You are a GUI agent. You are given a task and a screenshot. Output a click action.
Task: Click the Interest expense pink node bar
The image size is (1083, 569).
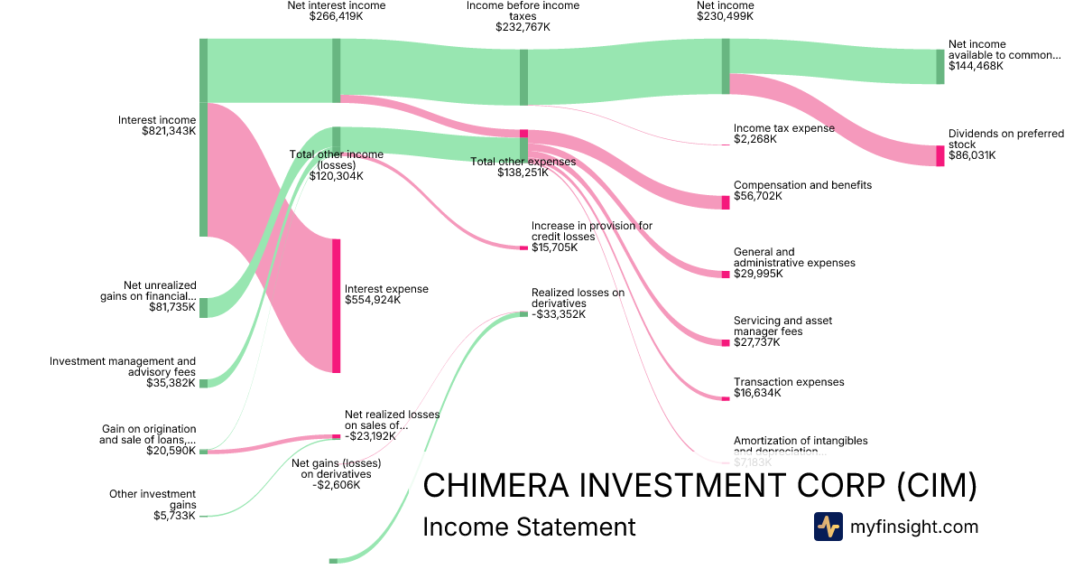[x=337, y=305]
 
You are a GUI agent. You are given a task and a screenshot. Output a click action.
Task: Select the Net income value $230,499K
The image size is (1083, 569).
[x=726, y=16]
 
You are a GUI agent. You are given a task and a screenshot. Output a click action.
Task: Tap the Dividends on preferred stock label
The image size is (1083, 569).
[x=1005, y=138]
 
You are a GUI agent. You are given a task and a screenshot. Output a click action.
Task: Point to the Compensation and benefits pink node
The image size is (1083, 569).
[x=726, y=201]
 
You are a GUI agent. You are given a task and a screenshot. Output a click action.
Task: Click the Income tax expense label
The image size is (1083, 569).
[x=783, y=128]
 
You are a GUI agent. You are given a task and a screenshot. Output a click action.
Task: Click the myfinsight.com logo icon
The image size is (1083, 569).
[x=828, y=527]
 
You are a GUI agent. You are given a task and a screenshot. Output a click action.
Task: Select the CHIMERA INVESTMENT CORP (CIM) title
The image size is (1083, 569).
[x=699, y=486]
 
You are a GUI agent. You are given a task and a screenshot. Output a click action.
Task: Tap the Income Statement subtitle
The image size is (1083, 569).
[x=529, y=527]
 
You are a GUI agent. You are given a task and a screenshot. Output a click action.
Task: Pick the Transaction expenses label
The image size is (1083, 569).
[x=789, y=382]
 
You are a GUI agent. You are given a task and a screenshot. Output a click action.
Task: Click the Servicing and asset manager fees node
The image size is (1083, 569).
[x=726, y=342]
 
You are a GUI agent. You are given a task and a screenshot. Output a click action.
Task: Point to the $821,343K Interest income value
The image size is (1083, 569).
[x=169, y=131]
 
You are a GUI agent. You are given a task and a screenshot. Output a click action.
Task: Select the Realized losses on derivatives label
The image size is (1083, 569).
[x=578, y=298]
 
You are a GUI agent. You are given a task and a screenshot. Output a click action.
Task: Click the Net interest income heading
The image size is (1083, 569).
[x=336, y=5]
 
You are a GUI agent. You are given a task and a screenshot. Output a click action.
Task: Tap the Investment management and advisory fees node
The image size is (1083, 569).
[x=203, y=383]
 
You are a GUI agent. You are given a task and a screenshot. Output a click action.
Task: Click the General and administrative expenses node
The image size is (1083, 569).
[x=726, y=274]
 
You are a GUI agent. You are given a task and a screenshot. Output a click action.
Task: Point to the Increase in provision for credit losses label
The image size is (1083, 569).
[x=591, y=231]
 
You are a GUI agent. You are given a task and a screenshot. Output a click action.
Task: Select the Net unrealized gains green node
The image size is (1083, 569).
[x=203, y=307]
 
